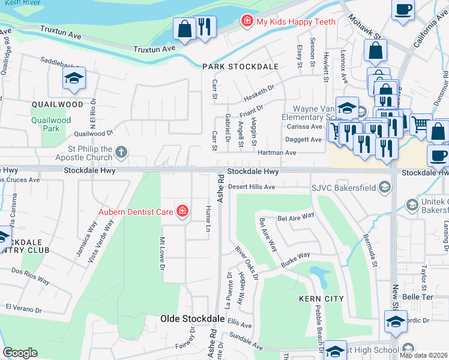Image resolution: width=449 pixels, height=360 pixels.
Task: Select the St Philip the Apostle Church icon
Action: (x=121, y=152)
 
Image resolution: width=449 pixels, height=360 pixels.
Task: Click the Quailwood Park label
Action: (x=46, y=124)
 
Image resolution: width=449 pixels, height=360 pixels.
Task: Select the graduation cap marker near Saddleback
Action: (x=74, y=79)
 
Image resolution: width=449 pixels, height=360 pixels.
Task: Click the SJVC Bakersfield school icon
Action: (x=385, y=188)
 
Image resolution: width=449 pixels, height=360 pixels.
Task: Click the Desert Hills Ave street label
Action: (x=252, y=187)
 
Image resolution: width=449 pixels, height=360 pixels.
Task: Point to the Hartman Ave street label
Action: (x=277, y=153)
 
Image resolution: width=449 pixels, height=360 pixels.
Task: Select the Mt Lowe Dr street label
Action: (x=161, y=253)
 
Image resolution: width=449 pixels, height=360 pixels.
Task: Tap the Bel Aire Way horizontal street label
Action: (x=295, y=217)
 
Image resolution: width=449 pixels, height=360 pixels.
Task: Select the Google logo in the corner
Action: (x=20, y=353)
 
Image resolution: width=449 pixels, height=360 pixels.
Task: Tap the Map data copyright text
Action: (x=423, y=355)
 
